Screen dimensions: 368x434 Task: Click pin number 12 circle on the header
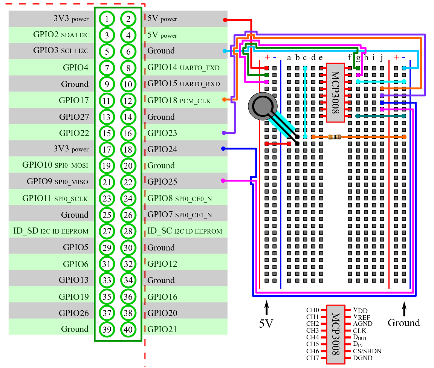tap(128, 101)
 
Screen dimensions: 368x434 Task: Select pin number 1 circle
tap(107, 19)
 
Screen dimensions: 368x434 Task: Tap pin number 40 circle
tap(128, 330)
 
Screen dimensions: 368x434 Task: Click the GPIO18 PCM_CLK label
tap(179, 101)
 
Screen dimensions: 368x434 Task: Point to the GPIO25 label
tap(162, 182)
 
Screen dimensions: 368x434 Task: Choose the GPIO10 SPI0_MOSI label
tap(55, 165)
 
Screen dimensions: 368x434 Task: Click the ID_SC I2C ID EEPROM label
tap(185, 231)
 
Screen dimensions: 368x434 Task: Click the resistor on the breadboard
tap(335, 137)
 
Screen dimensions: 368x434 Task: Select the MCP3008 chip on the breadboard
tap(335, 92)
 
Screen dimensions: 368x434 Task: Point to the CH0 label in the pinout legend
tap(312, 310)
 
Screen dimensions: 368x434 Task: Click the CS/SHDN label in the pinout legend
tap(367, 351)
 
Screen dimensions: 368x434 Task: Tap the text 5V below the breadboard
tap(266, 323)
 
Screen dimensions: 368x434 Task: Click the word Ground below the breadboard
tap(403, 323)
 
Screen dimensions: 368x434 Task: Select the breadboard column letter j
tap(382, 58)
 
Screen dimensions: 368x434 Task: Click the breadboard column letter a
tap(289, 58)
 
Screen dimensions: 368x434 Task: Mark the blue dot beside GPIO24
tap(223, 149)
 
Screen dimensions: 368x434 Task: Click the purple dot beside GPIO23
tap(224, 133)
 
